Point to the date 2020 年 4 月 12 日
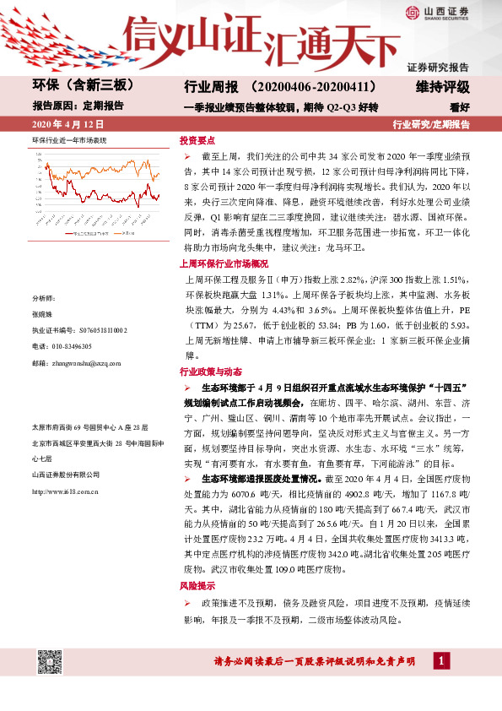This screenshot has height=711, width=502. click(67, 125)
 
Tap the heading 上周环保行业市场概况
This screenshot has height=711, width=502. click(218, 240)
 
